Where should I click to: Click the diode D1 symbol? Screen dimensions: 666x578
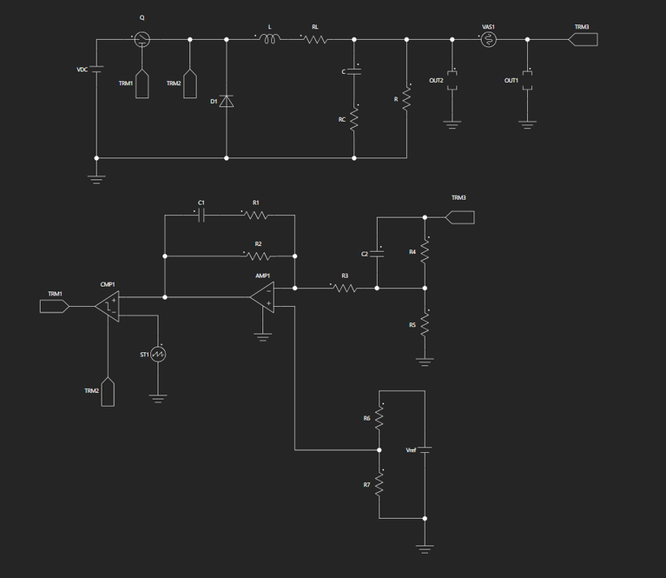[227, 101]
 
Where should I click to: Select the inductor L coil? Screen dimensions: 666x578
[270, 40]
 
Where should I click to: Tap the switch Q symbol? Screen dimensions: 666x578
[142, 40]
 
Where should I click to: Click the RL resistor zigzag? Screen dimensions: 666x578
[316, 40]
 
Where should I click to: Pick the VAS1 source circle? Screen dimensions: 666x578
[488, 40]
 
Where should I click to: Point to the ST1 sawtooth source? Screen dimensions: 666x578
[158, 354]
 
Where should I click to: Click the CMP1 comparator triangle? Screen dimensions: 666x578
[107, 306]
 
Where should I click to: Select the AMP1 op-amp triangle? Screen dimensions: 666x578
[262, 297]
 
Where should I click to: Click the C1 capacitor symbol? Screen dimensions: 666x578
[201, 216]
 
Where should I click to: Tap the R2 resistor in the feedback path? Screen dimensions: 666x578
[258, 256]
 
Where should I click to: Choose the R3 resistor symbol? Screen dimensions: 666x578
[345, 288]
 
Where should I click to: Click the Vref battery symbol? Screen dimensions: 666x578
[425, 450]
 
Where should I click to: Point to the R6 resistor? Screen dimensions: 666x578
[379, 418]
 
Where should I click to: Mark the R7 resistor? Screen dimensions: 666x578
[379, 484]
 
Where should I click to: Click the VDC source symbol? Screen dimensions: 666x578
[97, 69]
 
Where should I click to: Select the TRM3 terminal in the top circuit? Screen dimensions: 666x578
[583, 40]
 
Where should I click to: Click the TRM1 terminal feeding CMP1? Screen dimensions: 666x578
[54, 306]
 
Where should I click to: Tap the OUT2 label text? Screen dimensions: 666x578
[436, 80]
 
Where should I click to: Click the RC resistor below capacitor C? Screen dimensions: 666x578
[354, 119]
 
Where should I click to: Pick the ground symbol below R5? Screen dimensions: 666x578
[425, 362]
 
